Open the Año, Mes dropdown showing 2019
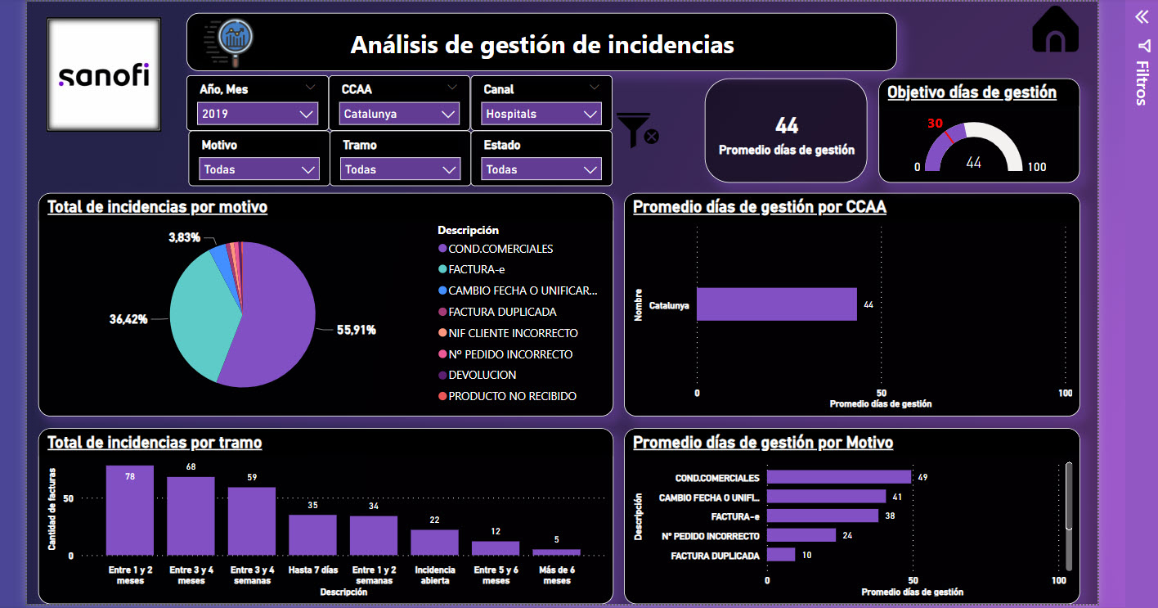click(258, 114)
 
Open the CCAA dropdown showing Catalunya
click(399, 114)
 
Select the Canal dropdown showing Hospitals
click(541, 114)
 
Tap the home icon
click(1056, 31)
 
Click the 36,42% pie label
click(128, 319)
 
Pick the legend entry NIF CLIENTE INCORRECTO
click(513, 333)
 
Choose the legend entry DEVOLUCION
click(482, 375)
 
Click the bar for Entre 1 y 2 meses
click(130, 511)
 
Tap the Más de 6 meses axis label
click(556, 575)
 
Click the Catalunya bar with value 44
click(776, 304)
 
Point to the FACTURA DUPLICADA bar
click(780, 555)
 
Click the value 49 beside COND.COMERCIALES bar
click(922, 477)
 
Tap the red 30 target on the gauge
click(936, 124)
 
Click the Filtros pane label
click(1142, 83)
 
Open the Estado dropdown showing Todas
click(541, 169)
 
